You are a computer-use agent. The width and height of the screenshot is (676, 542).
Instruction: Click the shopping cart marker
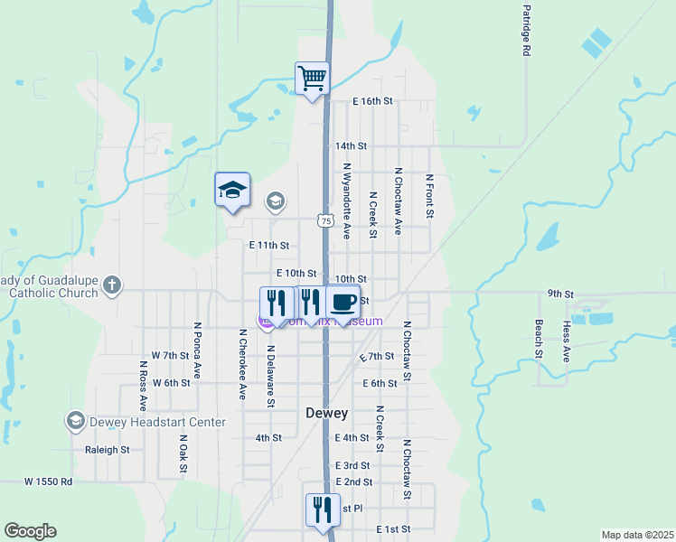pos(312,78)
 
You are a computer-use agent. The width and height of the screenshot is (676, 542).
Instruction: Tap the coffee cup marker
pos(344,302)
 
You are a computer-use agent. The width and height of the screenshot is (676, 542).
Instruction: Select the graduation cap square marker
pos(232,190)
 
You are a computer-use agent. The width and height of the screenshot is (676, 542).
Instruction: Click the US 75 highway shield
pos(325,220)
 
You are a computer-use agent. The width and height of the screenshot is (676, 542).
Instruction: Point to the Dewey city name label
pos(326,413)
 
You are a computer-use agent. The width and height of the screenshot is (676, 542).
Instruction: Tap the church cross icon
pos(110,285)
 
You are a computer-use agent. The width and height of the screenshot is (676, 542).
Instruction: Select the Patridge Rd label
pos(525,32)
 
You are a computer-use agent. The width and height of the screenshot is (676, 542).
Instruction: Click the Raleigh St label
pos(108,449)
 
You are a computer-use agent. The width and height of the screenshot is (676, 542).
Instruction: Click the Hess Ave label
pos(567,341)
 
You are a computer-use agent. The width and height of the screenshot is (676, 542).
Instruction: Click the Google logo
pos(30,531)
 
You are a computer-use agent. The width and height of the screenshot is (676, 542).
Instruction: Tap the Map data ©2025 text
pos(636,535)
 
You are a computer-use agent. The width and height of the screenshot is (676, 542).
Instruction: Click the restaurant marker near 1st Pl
pos(323,509)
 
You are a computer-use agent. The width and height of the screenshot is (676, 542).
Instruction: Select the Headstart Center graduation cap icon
pos(75,422)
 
